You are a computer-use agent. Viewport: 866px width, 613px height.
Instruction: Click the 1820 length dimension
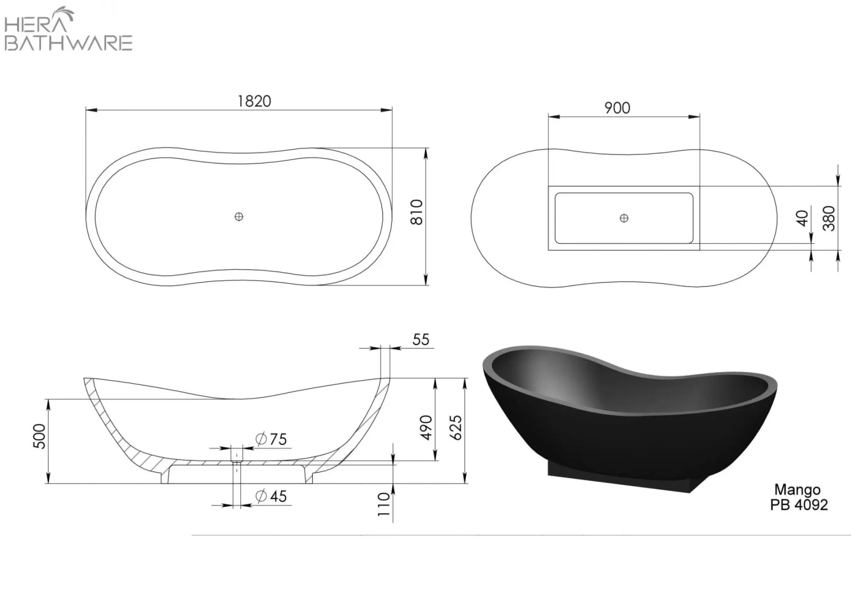[254, 101]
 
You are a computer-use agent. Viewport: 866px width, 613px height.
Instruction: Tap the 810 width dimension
[417, 212]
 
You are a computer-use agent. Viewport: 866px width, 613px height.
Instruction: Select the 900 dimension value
[617, 108]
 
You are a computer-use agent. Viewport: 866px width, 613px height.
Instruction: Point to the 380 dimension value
[829, 218]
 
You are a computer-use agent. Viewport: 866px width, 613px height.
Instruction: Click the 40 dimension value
[802, 218]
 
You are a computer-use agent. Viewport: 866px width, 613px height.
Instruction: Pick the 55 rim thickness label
[421, 339]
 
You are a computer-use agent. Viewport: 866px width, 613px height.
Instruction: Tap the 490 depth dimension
[426, 427]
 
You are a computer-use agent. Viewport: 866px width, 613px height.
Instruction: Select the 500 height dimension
[38, 439]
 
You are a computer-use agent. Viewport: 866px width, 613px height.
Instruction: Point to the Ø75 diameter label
[271, 440]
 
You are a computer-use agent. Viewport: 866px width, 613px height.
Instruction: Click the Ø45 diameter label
[271, 496]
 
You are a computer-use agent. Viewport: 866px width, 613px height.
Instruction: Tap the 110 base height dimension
[385, 505]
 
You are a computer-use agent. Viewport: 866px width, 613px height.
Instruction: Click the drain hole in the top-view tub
[239, 217]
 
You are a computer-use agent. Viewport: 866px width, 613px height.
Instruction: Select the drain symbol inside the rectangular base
[624, 218]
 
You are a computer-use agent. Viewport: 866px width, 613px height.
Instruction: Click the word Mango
[797, 491]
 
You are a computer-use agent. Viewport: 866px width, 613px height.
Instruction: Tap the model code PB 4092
[798, 504]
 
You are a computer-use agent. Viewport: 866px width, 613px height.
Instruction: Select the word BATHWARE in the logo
[69, 43]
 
